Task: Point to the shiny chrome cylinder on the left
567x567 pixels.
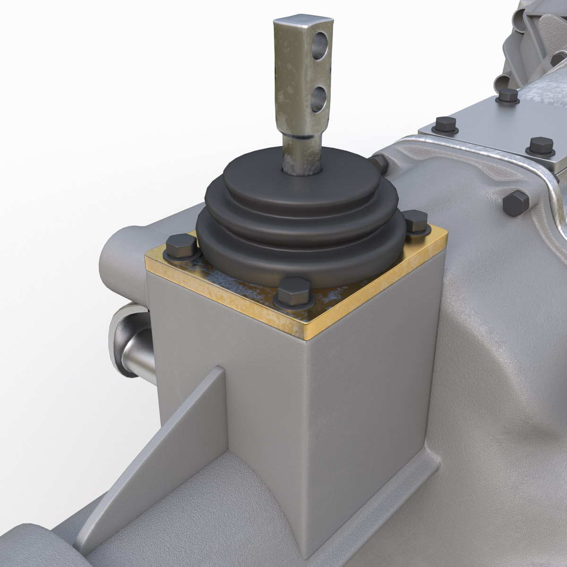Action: point(135,345)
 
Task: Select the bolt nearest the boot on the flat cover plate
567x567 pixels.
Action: point(446,125)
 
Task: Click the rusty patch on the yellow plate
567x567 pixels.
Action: point(246,288)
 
